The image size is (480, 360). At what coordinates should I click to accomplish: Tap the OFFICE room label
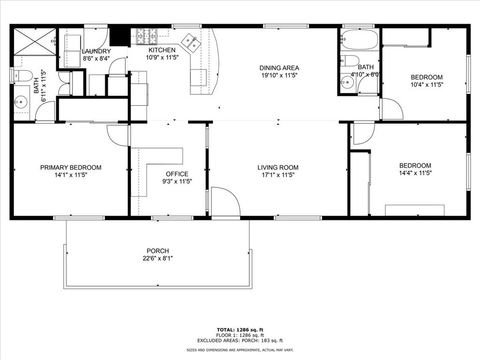click(x=177, y=174)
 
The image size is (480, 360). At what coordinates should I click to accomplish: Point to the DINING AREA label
click(x=279, y=68)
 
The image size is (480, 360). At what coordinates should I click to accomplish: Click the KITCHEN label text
click(x=162, y=49)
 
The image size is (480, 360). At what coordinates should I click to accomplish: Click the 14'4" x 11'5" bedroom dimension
click(x=415, y=173)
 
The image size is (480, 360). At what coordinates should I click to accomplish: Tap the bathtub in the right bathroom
click(x=359, y=42)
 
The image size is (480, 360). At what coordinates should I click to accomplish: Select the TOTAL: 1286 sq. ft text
click(x=240, y=328)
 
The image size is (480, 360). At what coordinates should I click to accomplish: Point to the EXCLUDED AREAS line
click(x=240, y=340)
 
